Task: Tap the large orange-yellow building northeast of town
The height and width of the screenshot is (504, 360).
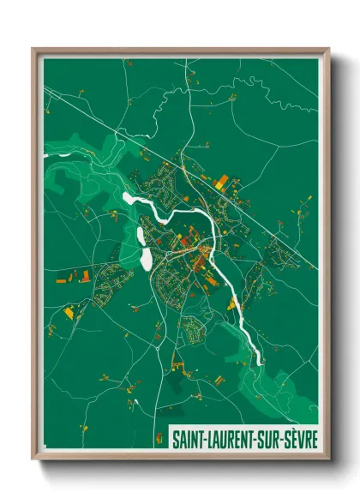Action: [x=222, y=182]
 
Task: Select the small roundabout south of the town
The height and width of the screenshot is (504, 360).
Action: [x=159, y=338]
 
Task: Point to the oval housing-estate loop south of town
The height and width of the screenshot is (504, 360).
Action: [x=199, y=325]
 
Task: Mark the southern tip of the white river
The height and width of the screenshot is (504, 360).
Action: [x=260, y=364]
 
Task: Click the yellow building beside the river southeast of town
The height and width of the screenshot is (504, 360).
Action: [x=231, y=303]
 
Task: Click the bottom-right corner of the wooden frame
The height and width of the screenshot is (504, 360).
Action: [x=328, y=460]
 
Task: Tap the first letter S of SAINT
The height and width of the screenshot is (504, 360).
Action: [x=175, y=439]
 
